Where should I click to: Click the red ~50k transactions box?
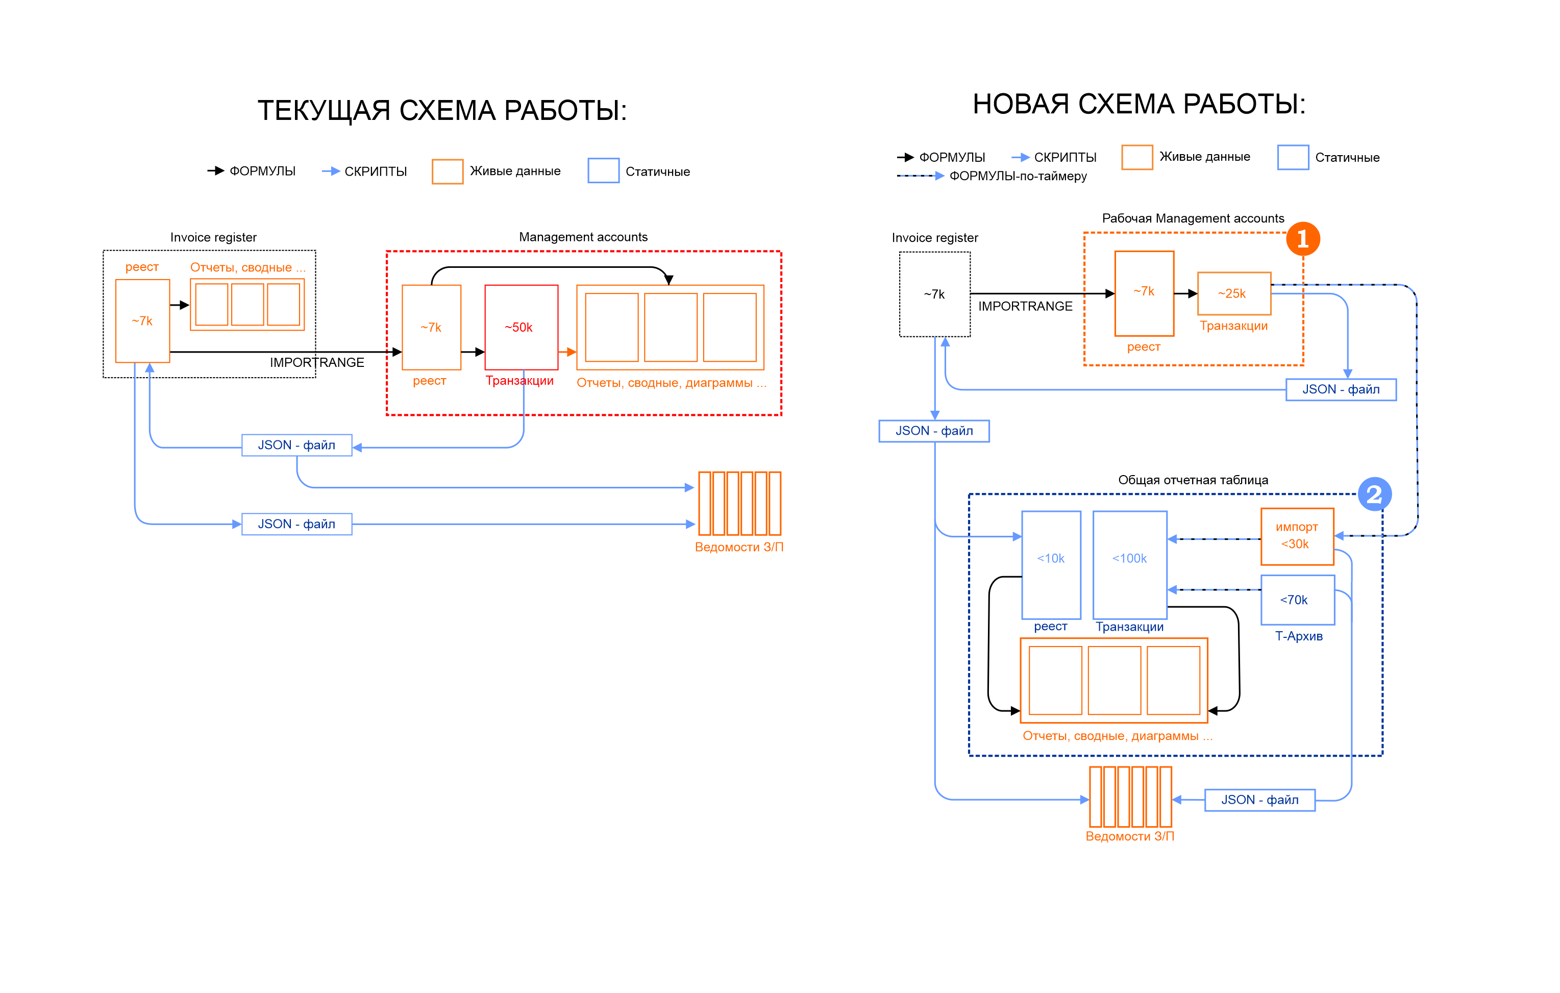(x=521, y=327)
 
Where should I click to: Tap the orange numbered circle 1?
(x=1302, y=239)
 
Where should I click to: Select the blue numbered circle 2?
(x=1374, y=495)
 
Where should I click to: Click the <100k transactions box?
(x=1129, y=564)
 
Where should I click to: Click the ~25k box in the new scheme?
(x=1233, y=293)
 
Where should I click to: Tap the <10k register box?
(x=1050, y=564)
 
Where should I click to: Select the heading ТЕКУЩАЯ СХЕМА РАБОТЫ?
(x=442, y=110)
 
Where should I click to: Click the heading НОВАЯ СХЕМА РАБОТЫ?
(x=1139, y=104)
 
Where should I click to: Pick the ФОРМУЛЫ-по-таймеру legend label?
(x=1018, y=176)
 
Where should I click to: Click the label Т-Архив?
(x=1298, y=636)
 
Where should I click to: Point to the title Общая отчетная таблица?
(x=1193, y=480)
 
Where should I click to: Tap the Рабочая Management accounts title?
(x=1193, y=218)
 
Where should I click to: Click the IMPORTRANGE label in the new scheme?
(x=1025, y=306)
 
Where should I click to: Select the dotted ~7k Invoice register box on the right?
(x=934, y=294)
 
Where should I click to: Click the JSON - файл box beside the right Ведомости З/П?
(x=1259, y=800)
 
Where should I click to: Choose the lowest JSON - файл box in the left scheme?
(x=296, y=524)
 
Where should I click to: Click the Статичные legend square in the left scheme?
(x=603, y=171)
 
